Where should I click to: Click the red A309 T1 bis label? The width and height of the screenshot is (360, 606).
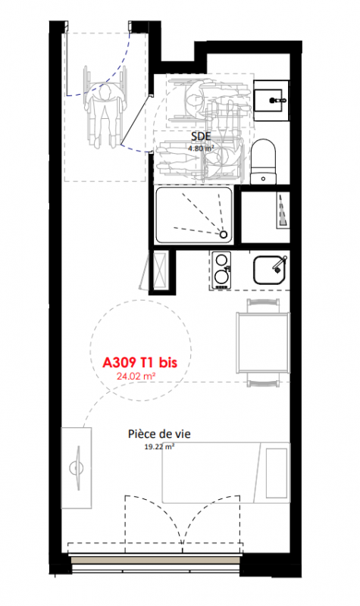pos(139,363)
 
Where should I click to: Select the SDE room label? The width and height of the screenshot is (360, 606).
pos(201,136)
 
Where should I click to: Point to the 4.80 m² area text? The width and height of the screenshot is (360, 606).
pos(201,148)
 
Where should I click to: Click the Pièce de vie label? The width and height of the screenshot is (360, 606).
pos(159,434)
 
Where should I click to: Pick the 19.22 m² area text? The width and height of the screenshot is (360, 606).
pos(159,447)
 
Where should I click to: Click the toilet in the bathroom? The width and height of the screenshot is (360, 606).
pos(263,161)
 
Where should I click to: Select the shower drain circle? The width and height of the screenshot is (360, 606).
pos(224,234)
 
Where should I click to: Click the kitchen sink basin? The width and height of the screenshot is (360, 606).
pos(271,270)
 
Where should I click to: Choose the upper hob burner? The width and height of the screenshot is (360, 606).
pos(221,259)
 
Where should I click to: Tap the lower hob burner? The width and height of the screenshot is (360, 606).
pos(221,276)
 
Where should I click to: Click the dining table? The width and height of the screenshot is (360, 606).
pos(263,343)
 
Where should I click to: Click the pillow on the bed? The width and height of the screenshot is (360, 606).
pos(277,473)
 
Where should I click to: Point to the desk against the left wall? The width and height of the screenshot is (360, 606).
pos(77,468)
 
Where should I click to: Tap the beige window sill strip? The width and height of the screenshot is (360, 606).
pos(156,561)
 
